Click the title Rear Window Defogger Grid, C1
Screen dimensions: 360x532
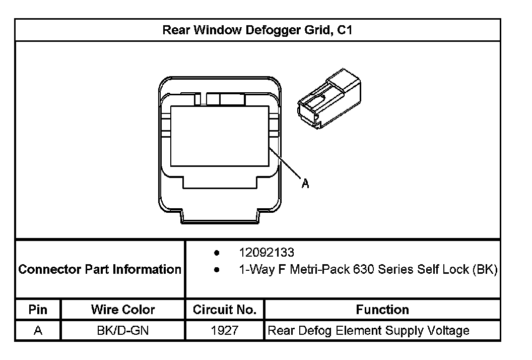point(257,30)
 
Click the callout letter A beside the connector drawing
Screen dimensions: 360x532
point(305,184)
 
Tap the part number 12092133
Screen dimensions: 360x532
point(267,252)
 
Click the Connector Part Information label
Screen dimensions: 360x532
point(100,269)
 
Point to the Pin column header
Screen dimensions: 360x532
point(38,309)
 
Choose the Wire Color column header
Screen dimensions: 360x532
point(123,309)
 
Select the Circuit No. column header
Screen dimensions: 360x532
point(225,309)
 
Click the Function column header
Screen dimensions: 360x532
point(382,309)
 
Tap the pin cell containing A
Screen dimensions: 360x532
point(38,331)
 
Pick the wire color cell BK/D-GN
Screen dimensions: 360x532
point(123,331)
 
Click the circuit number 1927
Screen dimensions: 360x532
point(225,331)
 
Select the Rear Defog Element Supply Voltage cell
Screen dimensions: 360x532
point(368,331)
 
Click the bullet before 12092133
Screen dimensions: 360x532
point(217,252)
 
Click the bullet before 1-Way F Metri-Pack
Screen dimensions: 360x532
point(217,270)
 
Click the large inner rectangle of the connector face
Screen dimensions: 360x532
point(221,136)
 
